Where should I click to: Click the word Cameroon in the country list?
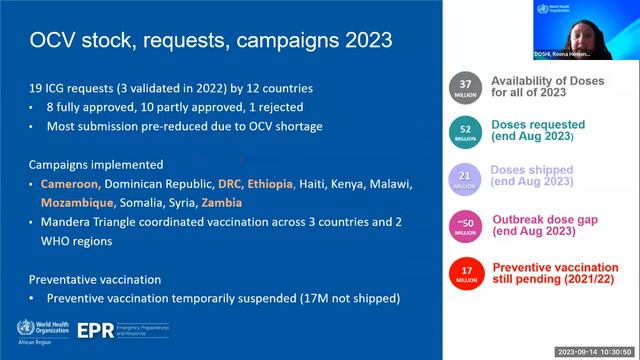[70, 184]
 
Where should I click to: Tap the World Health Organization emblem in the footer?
[18, 325]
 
